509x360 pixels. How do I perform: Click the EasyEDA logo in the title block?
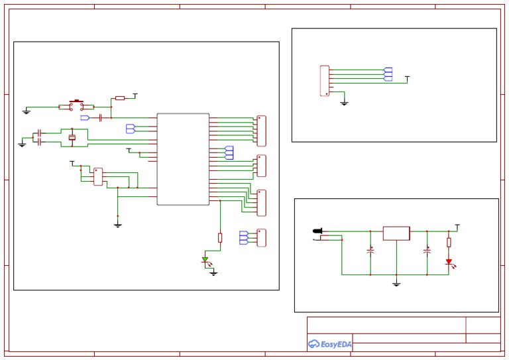(x=329, y=344)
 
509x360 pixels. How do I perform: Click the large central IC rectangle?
(x=183, y=159)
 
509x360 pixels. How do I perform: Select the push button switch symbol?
(x=76, y=105)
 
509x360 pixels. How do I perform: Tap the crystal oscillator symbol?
(x=72, y=137)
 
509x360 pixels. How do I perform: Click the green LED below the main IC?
(x=205, y=260)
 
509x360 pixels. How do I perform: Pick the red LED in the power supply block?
(x=449, y=262)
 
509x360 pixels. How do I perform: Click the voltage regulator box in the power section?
(x=396, y=233)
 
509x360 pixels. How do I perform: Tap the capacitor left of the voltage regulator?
(x=370, y=251)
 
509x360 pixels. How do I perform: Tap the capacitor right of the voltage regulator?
(x=427, y=251)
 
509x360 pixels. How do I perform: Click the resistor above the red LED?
(x=449, y=242)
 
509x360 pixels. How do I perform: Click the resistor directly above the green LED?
(x=220, y=237)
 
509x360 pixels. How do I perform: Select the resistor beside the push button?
(x=119, y=98)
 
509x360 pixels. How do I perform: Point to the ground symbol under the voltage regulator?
(x=396, y=284)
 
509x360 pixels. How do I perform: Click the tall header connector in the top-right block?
(x=325, y=81)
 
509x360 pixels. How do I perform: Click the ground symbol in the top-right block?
(x=344, y=103)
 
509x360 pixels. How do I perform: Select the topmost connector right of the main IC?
(x=261, y=131)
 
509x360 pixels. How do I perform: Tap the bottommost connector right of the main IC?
(x=261, y=237)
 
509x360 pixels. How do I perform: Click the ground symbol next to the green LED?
(x=213, y=272)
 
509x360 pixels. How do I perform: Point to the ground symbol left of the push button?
(x=26, y=111)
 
